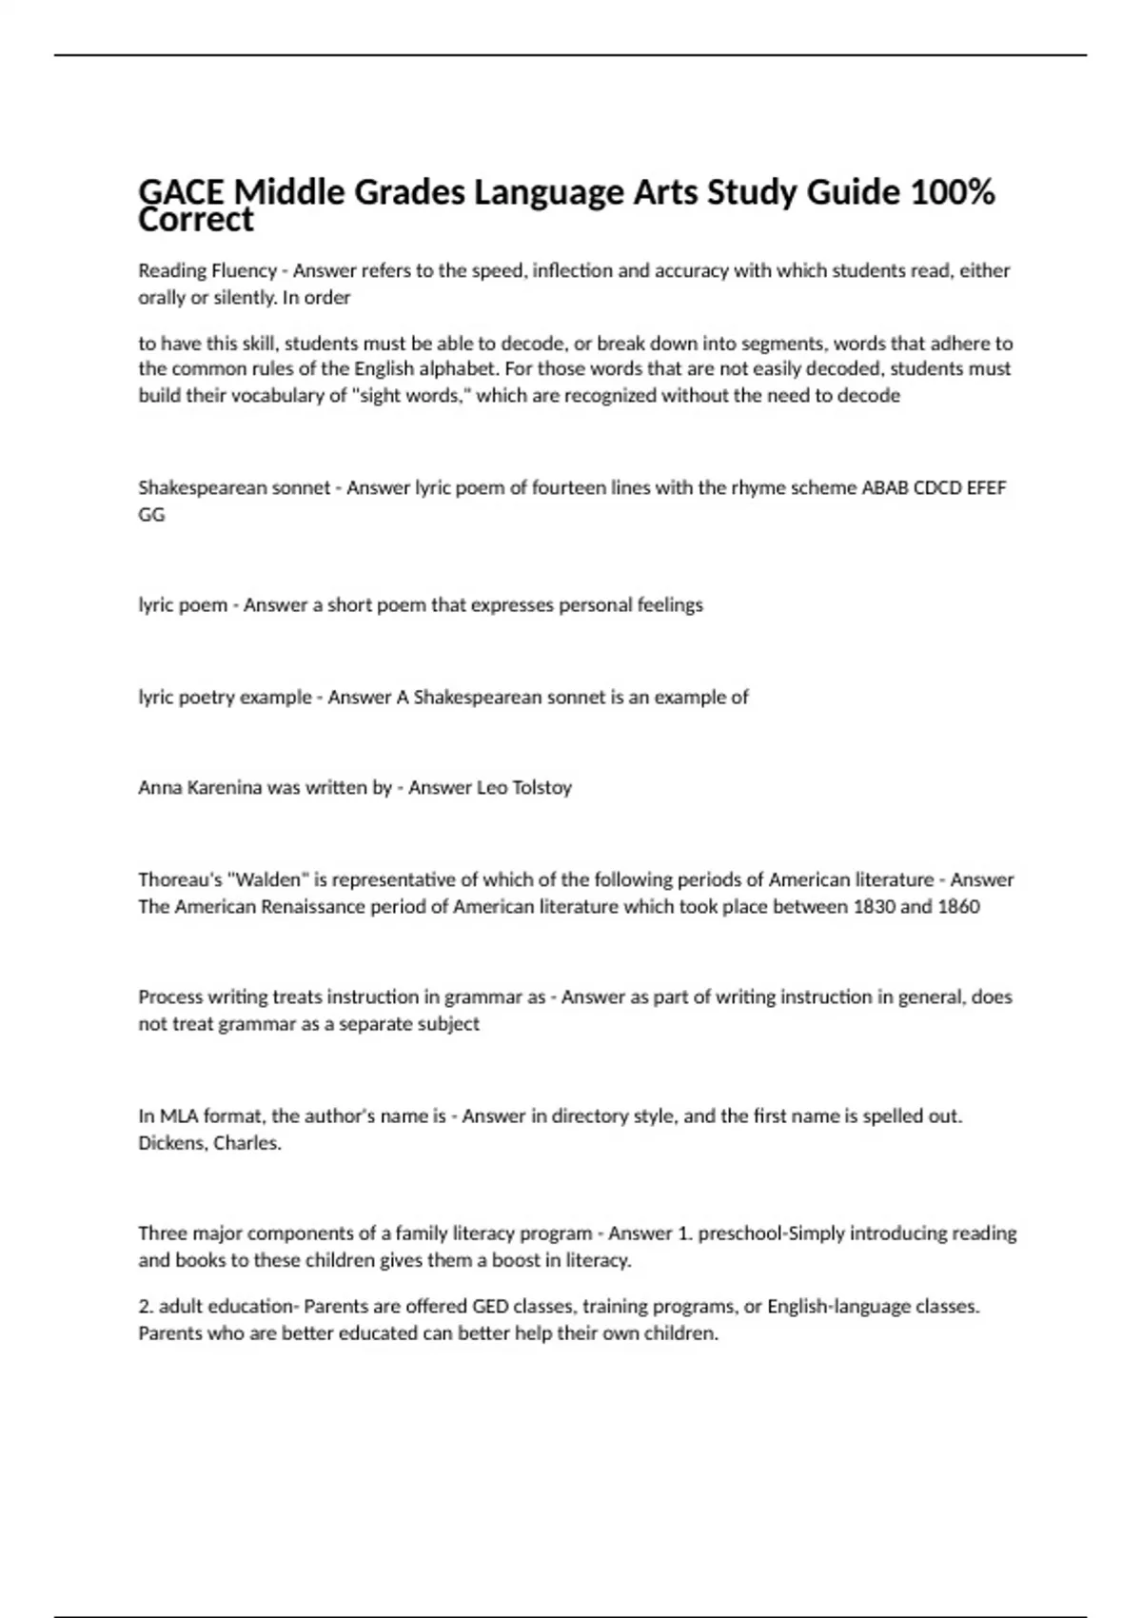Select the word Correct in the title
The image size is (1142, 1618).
[195, 221]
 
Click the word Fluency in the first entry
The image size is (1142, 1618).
[244, 271]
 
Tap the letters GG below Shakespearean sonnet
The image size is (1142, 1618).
[151, 515]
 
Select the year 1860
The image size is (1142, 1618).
[958, 907]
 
